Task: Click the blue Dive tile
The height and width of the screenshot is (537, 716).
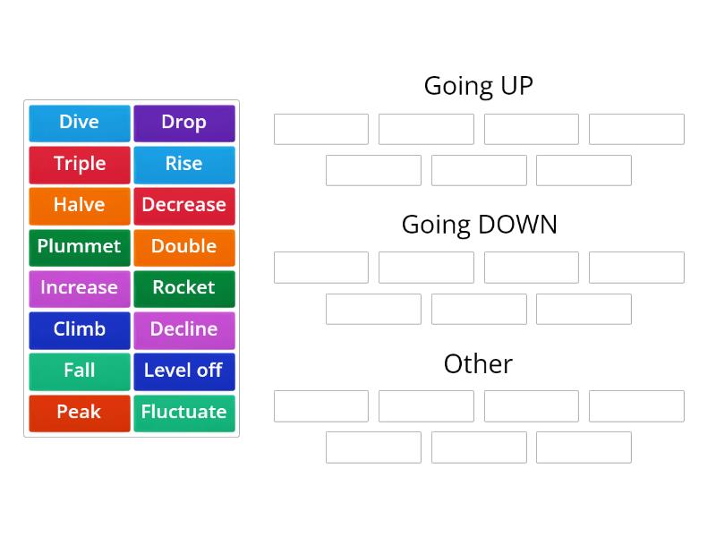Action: click(x=80, y=123)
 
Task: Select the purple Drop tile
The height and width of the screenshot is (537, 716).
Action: click(x=184, y=123)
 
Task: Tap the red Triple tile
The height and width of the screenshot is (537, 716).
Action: click(x=80, y=164)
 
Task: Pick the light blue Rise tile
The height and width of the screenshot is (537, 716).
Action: click(x=184, y=164)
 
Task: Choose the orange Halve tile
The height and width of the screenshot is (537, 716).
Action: click(x=80, y=205)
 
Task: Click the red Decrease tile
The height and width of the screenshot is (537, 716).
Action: click(x=184, y=205)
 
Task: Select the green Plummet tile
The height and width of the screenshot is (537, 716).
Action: click(x=80, y=246)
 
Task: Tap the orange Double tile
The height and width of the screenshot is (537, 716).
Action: click(x=184, y=246)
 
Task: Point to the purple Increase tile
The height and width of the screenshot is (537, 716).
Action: click(x=80, y=288)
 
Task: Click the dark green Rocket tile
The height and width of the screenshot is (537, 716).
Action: click(x=184, y=288)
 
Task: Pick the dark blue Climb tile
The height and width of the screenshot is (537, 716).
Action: click(x=80, y=329)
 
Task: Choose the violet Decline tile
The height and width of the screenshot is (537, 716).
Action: click(x=184, y=329)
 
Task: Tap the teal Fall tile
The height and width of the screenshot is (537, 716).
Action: click(x=80, y=371)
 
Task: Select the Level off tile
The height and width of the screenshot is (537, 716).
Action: click(x=184, y=371)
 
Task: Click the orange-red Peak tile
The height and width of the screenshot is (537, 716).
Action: click(x=80, y=412)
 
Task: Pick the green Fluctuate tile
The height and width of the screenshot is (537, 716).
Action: click(x=184, y=412)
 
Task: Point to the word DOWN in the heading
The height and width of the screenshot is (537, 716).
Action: click(x=518, y=225)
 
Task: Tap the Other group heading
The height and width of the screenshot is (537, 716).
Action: click(x=478, y=363)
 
